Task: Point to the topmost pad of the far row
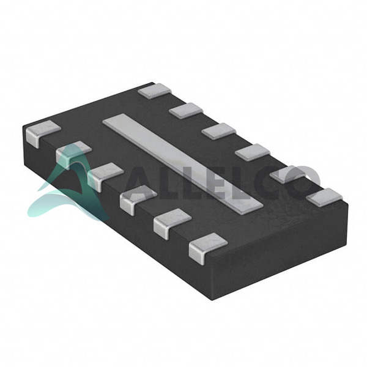pos(155,91)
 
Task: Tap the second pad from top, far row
pos(187,111)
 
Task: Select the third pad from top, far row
pos(219,132)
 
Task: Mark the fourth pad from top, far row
pos(253,152)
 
